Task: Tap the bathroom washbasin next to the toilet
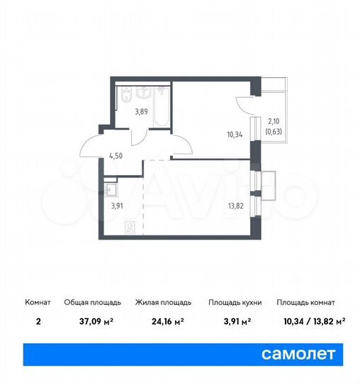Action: (x=145, y=91)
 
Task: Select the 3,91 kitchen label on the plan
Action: (x=116, y=207)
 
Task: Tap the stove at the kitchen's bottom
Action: (x=130, y=228)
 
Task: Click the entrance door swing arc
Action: (x=91, y=145)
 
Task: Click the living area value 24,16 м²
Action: (x=159, y=321)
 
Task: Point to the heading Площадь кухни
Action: (x=235, y=303)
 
